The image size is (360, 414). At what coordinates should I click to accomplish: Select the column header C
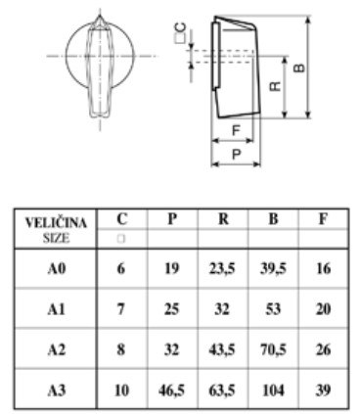pyautogui.click(x=121, y=220)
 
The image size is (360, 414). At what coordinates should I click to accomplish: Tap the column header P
pyautogui.click(x=172, y=220)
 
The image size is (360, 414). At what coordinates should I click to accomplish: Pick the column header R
pyautogui.click(x=223, y=220)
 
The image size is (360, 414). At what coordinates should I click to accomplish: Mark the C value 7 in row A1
pyautogui.click(x=121, y=307)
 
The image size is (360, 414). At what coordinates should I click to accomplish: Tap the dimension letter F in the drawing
pyautogui.click(x=235, y=129)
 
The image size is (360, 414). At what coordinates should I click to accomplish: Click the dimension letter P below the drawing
pyautogui.click(x=235, y=154)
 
